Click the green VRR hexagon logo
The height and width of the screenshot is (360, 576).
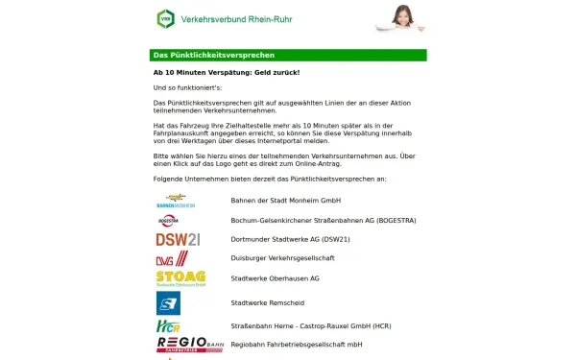[x=166, y=19]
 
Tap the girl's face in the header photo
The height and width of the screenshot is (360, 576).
[x=406, y=12]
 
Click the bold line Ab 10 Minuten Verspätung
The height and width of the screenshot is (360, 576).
[x=227, y=73]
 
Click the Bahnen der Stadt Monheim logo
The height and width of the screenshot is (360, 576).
[x=176, y=201]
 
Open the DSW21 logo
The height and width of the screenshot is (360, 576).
[x=178, y=239]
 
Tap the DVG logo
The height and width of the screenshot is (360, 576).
[x=172, y=258]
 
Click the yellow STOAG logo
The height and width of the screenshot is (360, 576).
[x=180, y=278]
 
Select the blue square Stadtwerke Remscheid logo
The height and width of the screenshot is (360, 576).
[x=169, y=303]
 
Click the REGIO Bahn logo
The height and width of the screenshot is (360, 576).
[x=189, y=344]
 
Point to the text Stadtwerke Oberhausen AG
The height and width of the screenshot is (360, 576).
[x=275, y=278]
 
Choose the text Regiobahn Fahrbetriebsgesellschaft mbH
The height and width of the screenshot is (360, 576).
[x=297, y=344]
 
